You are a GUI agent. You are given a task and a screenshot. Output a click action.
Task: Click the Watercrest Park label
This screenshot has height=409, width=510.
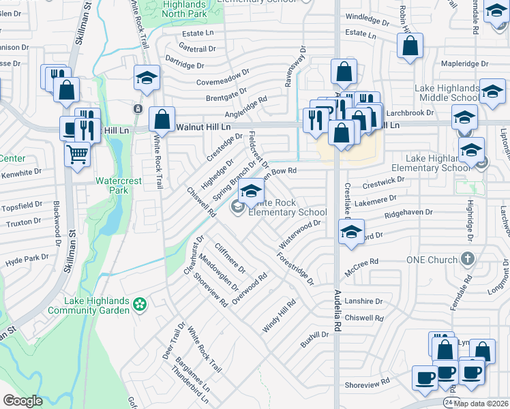pos(112,185)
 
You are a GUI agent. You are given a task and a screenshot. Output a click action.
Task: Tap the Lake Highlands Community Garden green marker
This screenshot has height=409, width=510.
pos(140,304)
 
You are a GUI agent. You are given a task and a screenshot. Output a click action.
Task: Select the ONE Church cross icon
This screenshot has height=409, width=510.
pos(467,260)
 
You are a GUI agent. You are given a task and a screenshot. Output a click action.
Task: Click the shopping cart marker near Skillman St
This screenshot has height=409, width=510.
pos(77,154)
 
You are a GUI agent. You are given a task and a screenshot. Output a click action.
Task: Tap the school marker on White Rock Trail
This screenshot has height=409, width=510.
pos(147,79)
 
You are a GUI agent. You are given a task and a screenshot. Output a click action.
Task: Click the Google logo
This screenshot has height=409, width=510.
pos(23,400)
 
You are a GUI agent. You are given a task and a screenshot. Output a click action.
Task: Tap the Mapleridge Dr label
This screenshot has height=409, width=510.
pos(465,64)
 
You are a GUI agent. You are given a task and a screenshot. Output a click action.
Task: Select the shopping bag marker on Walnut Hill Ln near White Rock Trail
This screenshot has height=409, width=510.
pos(162,120)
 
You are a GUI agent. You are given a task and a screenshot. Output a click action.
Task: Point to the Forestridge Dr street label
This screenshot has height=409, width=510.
pos(295,269)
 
